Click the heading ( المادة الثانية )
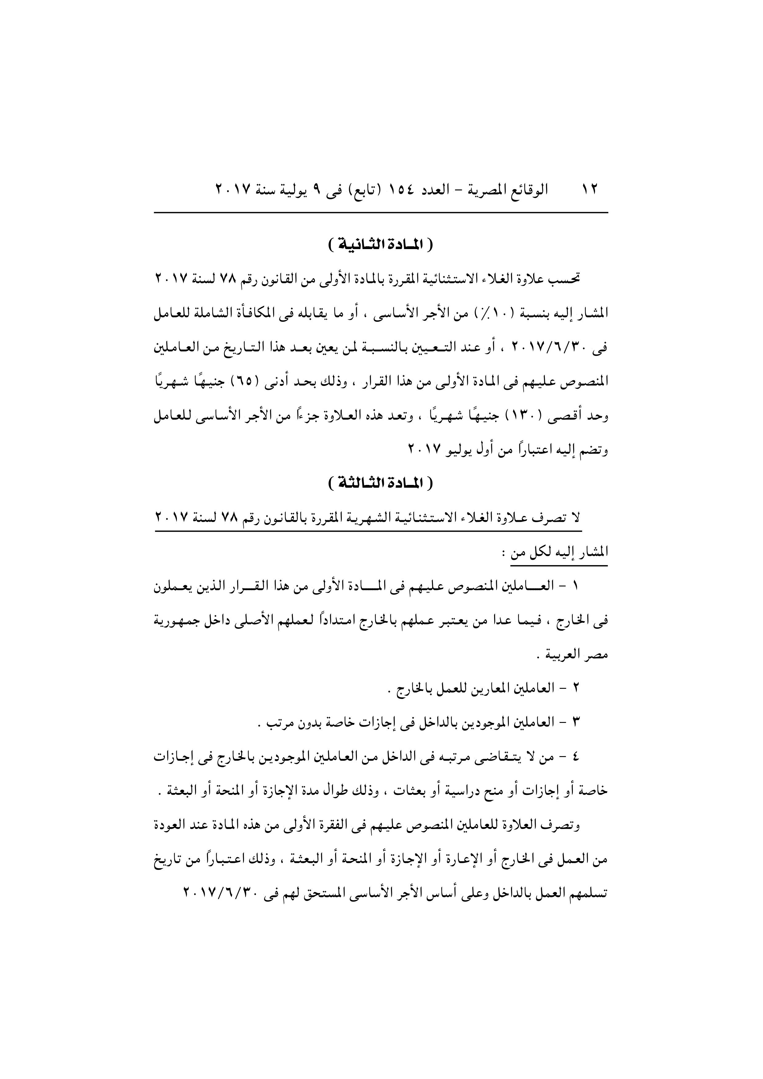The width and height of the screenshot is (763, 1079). point(381,245)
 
